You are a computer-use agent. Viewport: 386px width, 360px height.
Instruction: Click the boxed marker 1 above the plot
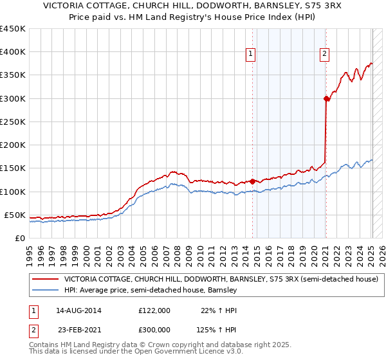coord(250,54)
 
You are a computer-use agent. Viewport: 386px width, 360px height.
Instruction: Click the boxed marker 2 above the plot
coord(325,54)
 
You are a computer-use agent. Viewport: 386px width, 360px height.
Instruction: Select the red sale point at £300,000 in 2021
coord(326,98)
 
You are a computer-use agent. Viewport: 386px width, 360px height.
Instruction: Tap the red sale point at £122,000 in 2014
coord(252,181)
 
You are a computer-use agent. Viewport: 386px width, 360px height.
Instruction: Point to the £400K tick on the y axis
coord(13,52)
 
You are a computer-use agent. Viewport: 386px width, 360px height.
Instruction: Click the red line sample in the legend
coord(46,279)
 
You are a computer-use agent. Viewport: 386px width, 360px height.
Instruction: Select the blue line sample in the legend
coord(46,291)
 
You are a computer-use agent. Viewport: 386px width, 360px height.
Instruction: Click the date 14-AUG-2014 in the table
coord(78,310)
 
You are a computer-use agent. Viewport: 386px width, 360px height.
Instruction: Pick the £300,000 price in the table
coord(154,328)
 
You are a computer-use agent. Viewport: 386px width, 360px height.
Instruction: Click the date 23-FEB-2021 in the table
coord(78,328)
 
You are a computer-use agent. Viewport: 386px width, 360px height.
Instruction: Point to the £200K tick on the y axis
coord(13,145)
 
